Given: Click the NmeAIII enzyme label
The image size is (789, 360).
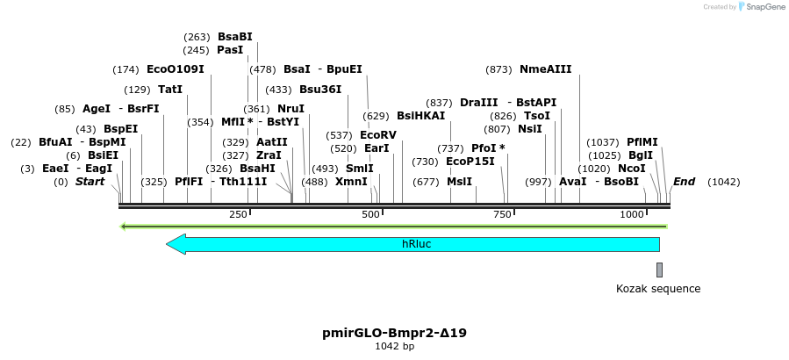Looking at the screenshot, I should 545,69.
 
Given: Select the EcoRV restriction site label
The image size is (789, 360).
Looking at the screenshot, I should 378,135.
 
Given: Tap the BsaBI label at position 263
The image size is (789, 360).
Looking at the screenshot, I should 234,37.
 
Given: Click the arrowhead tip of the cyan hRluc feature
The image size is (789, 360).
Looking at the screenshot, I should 168,244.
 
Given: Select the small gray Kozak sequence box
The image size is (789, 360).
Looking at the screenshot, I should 659,270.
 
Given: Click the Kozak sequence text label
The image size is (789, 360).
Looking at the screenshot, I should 658,288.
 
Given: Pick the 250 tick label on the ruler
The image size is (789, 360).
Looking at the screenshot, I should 238,215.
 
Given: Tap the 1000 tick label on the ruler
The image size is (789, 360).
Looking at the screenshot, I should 632,215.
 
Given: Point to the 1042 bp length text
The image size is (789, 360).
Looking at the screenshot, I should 394,347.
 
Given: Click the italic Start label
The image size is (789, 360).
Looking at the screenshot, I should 90,182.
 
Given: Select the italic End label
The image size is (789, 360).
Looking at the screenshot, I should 684,182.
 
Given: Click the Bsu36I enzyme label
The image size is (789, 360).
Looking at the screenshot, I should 319,90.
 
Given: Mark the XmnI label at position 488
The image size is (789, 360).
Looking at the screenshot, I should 351,182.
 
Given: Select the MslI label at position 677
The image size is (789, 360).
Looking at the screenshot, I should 459,182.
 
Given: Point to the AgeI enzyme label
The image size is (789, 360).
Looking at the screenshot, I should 97,109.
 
